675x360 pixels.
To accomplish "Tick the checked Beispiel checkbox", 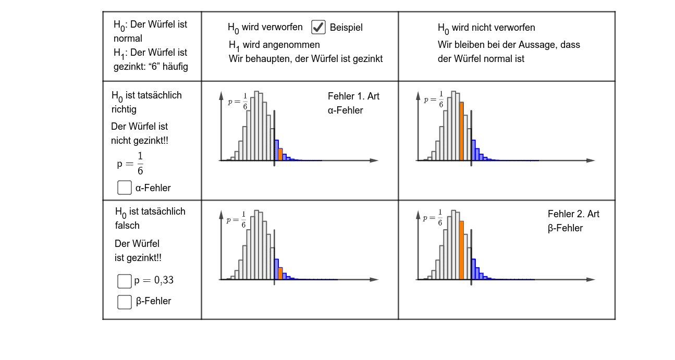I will (x=318, y=27).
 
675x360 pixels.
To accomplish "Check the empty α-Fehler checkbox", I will (x=125, y=188).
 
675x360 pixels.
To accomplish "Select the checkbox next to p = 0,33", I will (x=125, y=281).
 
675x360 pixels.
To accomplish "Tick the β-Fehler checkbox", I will (x=125, y=302).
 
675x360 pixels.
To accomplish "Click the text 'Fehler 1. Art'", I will (x=353, y=96).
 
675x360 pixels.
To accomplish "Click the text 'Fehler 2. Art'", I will (x=573, y=214).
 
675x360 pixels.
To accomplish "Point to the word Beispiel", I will (x=346, y=28).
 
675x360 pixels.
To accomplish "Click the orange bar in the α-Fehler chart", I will (x=280, y=155).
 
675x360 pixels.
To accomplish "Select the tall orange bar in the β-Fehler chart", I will (x=461, y=250).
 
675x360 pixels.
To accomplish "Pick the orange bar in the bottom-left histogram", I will (x=280, y=274).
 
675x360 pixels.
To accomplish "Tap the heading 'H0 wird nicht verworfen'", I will (x=486, y=28).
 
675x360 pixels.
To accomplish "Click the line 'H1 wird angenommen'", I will (x=274, y=45).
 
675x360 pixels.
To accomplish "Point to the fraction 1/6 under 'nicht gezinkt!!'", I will (x=140, y=164).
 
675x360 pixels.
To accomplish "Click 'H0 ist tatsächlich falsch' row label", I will (x=150, y=218).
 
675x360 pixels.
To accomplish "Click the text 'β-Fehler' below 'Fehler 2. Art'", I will (x=565, y=228).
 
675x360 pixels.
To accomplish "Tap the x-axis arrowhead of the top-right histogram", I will (x=591, y=160).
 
